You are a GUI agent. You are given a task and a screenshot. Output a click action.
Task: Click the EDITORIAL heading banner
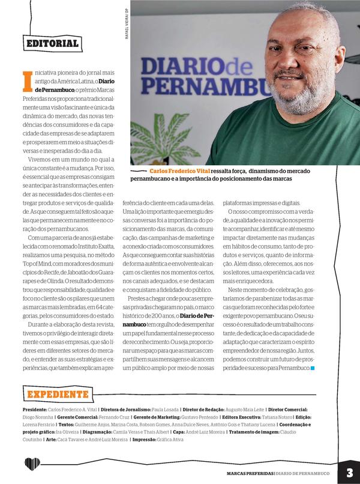pyautogui.click(x=52, y=43)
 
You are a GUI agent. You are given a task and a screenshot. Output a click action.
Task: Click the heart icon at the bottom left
pyautogui.click(x=32, y=465)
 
